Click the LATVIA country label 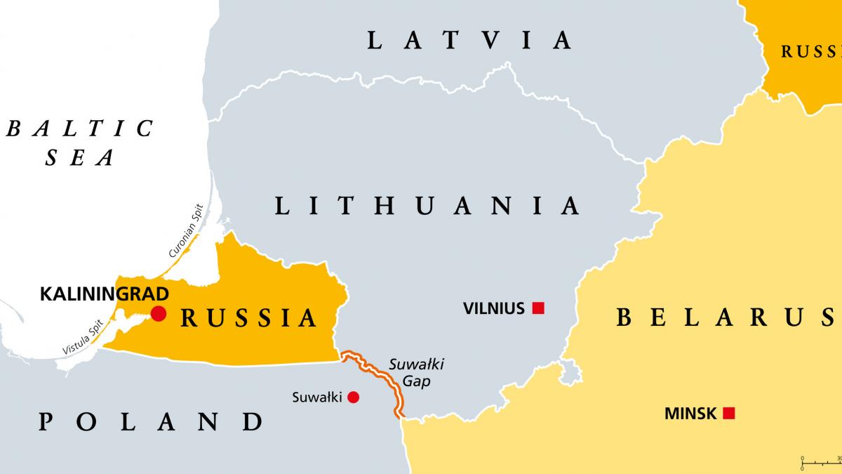click(469, 40)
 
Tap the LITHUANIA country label click(427, 206)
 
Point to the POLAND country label click(150, 422)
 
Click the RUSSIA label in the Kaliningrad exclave click(249, 318)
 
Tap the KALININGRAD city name click(105, 294)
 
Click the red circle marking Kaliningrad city click(159, 313)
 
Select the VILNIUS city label click(494, 308)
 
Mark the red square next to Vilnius click(538, 308)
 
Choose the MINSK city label click(690, 414)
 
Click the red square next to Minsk click(729, 414)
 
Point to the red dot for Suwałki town click(354, 397)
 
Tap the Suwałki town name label click(316, 397)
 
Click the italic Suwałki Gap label click(417, 373)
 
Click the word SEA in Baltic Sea click(79, 159)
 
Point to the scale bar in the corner click(821, 461)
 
